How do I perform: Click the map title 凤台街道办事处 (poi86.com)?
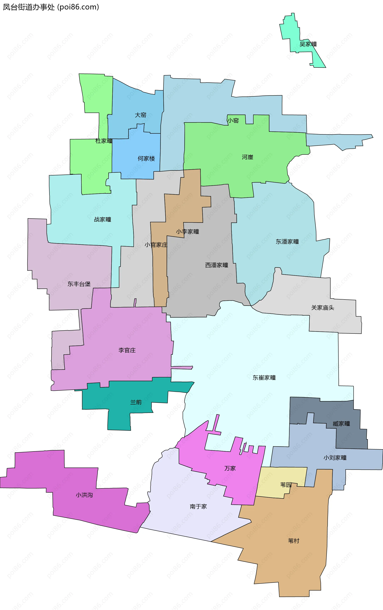pyautogui.click(x=51, y=7)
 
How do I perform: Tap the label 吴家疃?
pyautogui.click(x=308, y=44)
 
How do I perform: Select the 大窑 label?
pyautogui.click(x=140, y=115)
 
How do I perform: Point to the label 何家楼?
pyautogui.click(x=146, y=159)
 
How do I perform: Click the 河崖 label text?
pyautogui.click(x=247, y=157)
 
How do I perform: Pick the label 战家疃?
pyautogui.click(x=103, y=220)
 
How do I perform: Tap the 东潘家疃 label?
pyautogui.click(x=287, y=242)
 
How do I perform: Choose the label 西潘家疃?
pyautogui.click(x=216, y=265)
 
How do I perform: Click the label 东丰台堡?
pyautogui.click(x=79, y=284)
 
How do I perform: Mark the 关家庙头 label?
pyautogui.click(x=323, y=308)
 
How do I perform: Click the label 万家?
pyautogui.click(x=230, y=468)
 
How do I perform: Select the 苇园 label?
pyautogui.click(x=285, y=485)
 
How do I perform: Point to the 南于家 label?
pyautogui.click(x=198, y=506)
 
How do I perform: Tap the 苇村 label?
pyautogui.click(x=293, y=541)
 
